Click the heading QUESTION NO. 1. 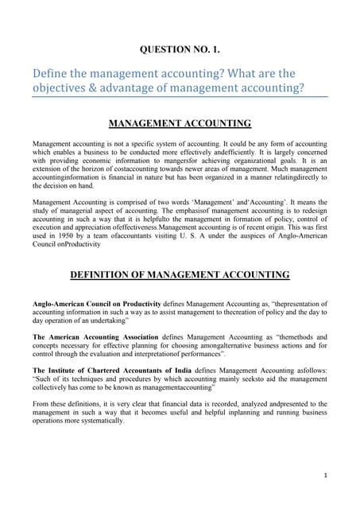pos(180,49)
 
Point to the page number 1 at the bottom pos(327,475)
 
